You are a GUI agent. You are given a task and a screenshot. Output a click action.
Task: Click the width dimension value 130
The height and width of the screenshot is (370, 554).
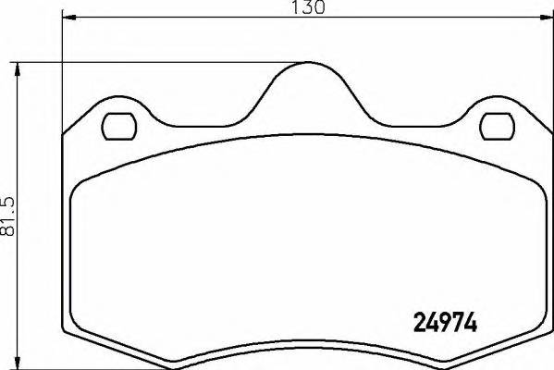coord(308,8)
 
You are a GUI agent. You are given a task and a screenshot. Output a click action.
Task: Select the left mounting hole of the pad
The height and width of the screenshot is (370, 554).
coord(116,124)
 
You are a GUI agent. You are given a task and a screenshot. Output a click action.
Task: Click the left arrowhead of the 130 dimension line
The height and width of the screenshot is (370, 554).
coord(65,18)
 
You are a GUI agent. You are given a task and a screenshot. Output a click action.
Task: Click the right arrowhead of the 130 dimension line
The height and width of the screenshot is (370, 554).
coord(551,18)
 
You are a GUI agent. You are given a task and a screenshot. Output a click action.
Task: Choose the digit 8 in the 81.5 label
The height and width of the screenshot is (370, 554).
coord(10,232)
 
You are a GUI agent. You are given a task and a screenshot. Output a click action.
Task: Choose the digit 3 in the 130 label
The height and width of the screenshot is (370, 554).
coord(308,8)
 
